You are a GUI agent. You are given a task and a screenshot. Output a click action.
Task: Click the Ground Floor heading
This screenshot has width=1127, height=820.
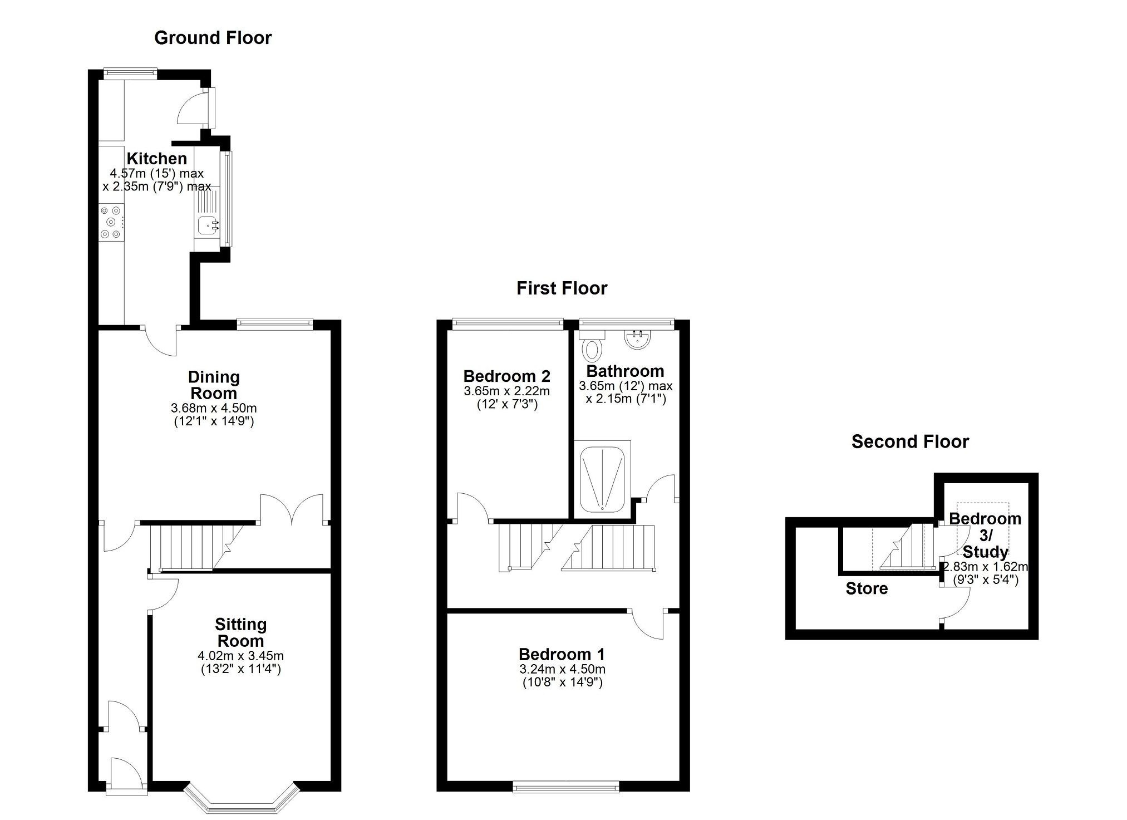pyautogui.click(x=213, y=38)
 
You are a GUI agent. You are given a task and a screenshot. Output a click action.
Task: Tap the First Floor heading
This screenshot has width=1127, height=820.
pyautogui.click(x=562, y=288)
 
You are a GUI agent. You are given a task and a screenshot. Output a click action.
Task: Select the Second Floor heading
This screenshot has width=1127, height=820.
pyautogui.click(x=910, y=441)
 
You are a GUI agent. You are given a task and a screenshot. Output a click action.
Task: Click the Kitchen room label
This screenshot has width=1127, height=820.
pyautogui.click(x=156, y=159)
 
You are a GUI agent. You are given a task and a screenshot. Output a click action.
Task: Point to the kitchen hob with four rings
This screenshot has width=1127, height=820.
pyautogui.click(x=111, y=223)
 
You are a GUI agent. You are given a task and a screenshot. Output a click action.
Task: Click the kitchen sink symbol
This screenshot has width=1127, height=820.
pyautogui.click(x=209, y=225)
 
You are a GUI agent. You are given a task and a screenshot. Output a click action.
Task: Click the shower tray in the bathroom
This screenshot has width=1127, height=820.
pyautogui.click(x=603, y=479)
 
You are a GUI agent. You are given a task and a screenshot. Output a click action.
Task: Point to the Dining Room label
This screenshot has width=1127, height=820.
pyautogui.click(x=214, y=385)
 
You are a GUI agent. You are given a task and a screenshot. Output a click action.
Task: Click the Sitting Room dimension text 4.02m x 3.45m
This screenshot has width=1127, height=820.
pyautogui.click(x=240, y=656)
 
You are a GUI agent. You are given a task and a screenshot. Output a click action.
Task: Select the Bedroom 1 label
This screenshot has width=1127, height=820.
pyautogui.click(x=562, y=654)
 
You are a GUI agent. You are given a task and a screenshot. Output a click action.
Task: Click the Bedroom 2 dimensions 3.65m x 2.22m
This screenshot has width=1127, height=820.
pyautogui.click(x=506, y=391)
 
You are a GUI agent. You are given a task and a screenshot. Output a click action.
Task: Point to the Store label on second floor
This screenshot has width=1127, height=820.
pyautogui.click(x=867, y=588)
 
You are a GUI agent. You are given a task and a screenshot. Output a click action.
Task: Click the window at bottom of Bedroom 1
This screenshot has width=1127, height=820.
pyautogui.click(x=565, y=787)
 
